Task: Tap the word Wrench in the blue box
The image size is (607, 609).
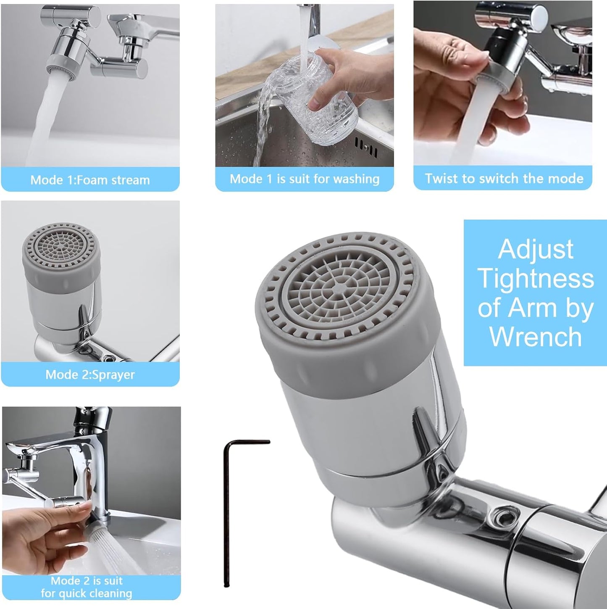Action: click(536, 337)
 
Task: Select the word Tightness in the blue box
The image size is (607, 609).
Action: click(536, 279)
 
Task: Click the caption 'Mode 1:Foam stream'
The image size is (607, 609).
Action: click(90, 180)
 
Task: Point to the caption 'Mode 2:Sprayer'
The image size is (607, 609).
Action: click(90, 374)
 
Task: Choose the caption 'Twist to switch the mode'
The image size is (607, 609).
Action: click(504, 179)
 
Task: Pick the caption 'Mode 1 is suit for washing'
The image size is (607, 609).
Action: click(305, 179)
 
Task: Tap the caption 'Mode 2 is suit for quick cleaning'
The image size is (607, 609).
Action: click(87, 587)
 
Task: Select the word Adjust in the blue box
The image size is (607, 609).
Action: click(536, 249)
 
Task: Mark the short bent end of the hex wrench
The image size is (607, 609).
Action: click(248, 442)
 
